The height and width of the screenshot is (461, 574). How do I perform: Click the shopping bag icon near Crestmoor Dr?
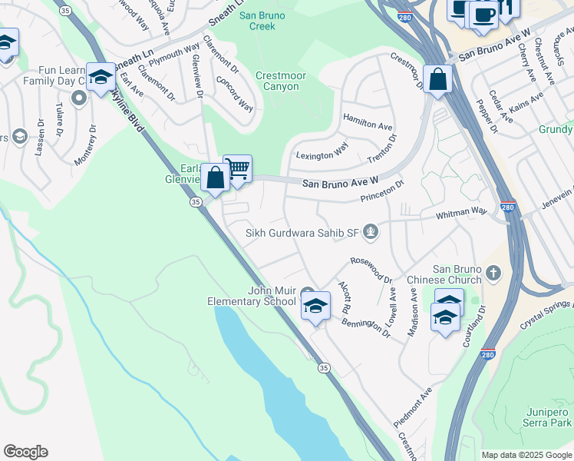click(x=437, y=80)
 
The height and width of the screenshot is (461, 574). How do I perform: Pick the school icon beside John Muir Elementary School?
click(x=315, y=307)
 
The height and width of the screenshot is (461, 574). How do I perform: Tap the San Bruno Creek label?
click(x=257, y=20)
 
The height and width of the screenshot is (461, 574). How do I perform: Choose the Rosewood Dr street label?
click(x=371, y=269)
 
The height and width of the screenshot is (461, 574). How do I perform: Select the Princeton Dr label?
click(x=382, y=192)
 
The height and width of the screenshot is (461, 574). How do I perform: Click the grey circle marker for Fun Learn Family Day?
click(x=78, y=98)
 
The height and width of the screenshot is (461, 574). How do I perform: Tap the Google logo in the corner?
click(x=25, y=452)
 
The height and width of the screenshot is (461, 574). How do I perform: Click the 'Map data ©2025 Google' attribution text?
click(x=526, y=455)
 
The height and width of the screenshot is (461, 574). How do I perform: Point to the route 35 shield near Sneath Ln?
click(x=66, y=11)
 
